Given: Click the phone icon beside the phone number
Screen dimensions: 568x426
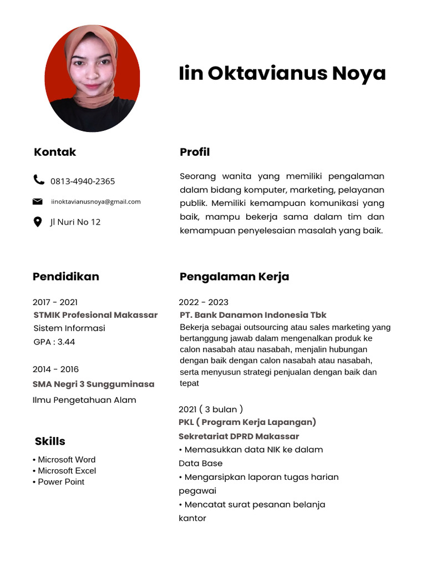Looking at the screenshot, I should click(x=38, y=179).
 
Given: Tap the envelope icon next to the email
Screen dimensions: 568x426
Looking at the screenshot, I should click(x=38, y=201).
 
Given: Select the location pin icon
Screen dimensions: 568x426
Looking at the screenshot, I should click(x=38, y=222).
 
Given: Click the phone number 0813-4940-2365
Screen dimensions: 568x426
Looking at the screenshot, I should click(x=83, y=181).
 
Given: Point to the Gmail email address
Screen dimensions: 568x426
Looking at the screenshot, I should click(x=96, y=201).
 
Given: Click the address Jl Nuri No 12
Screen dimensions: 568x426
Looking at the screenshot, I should click(x=75, y=222).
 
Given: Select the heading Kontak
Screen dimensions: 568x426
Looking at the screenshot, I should click(x=55, y=152).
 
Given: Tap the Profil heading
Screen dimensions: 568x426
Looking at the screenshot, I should click(x=195, y=152).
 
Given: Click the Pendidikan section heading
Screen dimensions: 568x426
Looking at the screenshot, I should click(x=66, y=276).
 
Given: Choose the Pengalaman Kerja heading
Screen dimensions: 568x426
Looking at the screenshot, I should click(x=234, y=276).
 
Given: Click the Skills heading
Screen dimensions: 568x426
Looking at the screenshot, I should click(x=50, y=441).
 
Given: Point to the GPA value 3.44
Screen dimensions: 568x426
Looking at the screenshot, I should click(x=65, y=342).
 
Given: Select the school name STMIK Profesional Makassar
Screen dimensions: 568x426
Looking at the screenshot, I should click(x=95, y=315).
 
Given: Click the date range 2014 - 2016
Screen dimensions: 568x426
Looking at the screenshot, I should click(x=55, y=369).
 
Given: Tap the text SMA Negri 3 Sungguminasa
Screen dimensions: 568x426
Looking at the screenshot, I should click(x=93, y=384).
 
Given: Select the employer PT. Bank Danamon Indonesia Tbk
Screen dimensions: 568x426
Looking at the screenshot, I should click(x=253, y=315).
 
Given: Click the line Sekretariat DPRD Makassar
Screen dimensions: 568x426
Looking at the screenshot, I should click(x=239, y=436).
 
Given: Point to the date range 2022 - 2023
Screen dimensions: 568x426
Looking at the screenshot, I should click(x=204, y=302).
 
